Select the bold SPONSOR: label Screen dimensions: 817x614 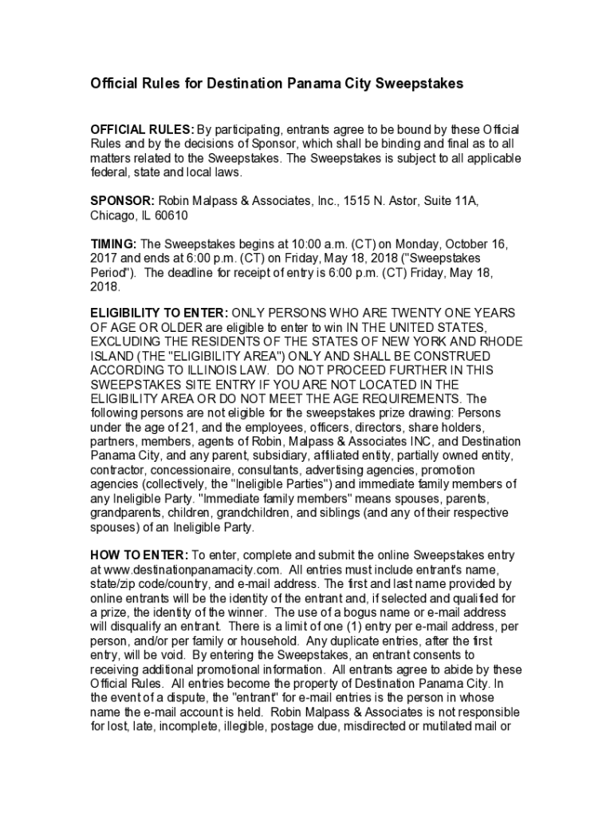click(x=122, y=202)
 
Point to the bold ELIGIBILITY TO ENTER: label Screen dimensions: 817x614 click(x=159, y=313)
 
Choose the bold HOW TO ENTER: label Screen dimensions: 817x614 click(x=140, y=555)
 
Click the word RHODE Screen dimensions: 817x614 click(x=499, y=341)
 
